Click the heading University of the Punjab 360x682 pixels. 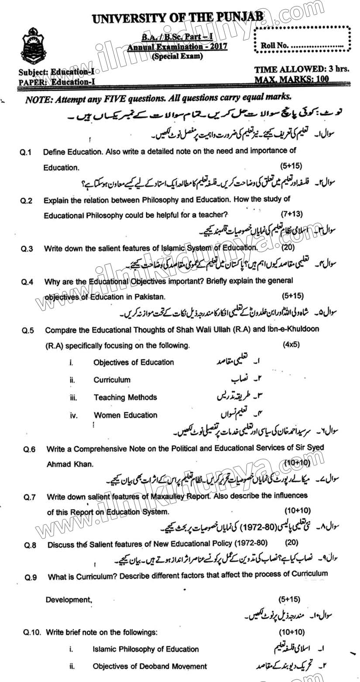click(x=178, y=17)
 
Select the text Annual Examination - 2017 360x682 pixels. click(x=177, y=47)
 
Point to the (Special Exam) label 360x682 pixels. click(x=177, y=56)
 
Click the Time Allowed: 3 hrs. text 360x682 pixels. click(x=302, y=69)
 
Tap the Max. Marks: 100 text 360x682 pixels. click(x=292, y=79)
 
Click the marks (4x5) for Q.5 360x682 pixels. click(x=291, y=344)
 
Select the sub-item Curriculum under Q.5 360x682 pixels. click(x=112, y=380)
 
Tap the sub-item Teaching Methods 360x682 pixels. click(x=125, y=397)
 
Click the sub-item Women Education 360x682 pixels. click(x=125, y=415)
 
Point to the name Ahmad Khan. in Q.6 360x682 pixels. click(x=70, y=464)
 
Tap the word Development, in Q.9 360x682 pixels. click(x=69, y=600)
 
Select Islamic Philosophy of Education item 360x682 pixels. click(x=146, y=649)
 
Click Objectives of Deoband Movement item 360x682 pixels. click(x=150, y=666)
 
